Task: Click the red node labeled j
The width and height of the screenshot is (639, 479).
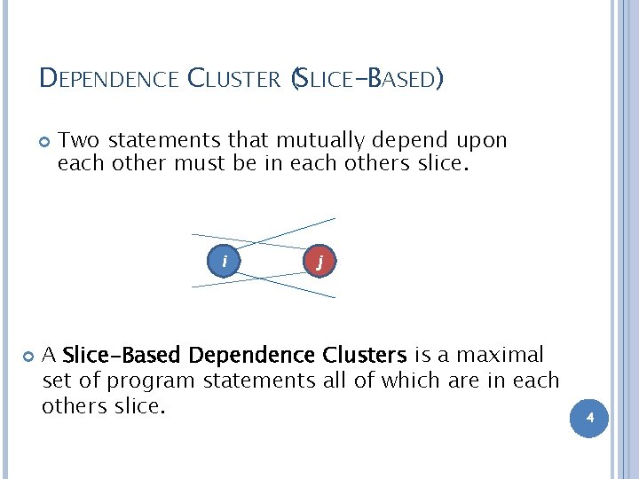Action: click(319, 261)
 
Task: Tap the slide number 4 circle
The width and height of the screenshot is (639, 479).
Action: click(589, 418)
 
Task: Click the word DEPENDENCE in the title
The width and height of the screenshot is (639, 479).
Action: click(110, 80)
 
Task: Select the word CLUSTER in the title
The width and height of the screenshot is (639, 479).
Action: click(234, 80)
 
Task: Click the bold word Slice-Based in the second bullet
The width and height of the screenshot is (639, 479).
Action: click(122, 356)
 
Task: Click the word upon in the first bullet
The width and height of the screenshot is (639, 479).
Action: click(484, 140)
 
